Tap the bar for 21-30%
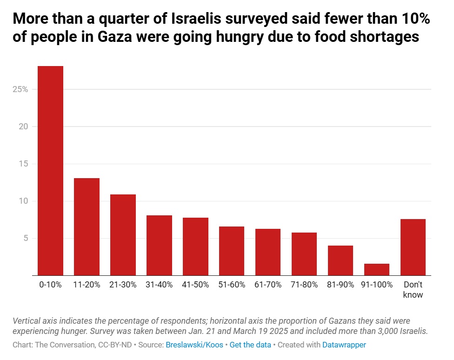tap(123, 235)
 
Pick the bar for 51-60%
tap(232, 251)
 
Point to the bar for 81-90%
tap(340, 260)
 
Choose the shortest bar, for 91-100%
tap(377, 269)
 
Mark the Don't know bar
tap(413, 247)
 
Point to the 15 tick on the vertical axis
tap(24, 164)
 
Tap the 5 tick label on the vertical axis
tap(26, 238)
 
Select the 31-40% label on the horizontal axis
tap(159, 285)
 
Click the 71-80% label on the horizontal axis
tap(304, 285)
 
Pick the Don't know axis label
tap(413, 290)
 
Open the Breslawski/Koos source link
tap(194, 345)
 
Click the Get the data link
tap(250, 345)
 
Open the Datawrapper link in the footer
tap(344, 345)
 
